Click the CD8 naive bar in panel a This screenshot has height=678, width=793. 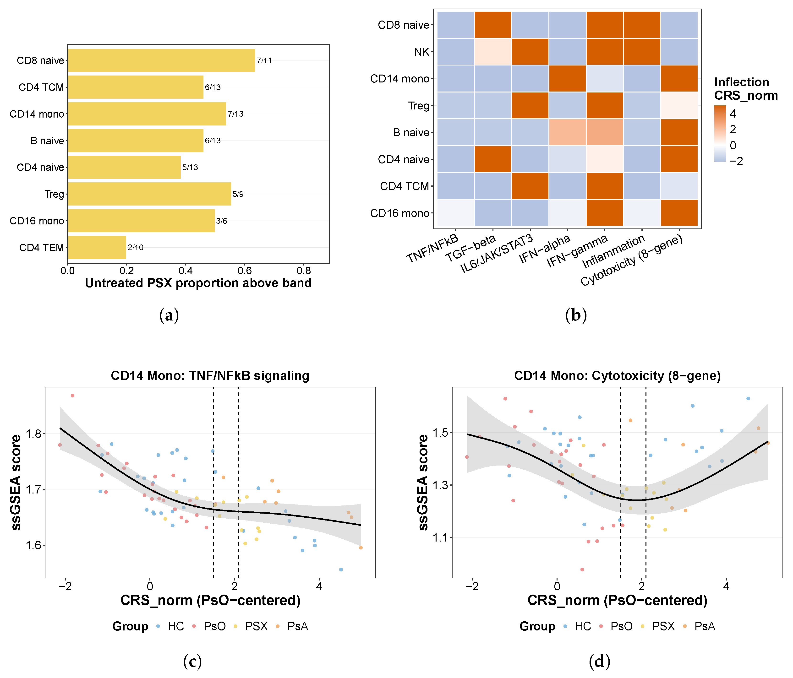pyautogui.click(x=161, y=60)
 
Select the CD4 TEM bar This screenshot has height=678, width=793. pyautogui.click(x=97, y=248)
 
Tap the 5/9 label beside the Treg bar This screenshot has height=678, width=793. pyautogui.click(x=238, y=194)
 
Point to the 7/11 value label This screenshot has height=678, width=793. pyautogui.click(x=264, y=60)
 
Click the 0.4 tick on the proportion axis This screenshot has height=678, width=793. pyautogui.click(x=186, y=271)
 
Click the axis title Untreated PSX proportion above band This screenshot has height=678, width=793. pyautogui.click(x=198, y=283)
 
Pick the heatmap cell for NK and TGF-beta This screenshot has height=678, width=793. pyautogui.click(x=493, y=52)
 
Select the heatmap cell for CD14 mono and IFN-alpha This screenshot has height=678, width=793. pyautogui.click(x=567, y=78)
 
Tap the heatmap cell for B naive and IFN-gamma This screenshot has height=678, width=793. pyautogui.click(x=605, y=132)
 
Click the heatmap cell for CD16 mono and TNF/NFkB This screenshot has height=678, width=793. pyautogui.click(x=455, y=213)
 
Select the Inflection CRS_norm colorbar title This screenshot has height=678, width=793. pyautogui.click(x=746, y=88)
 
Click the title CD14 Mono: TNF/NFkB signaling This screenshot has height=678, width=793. pyautogui.click(x=210, y=376)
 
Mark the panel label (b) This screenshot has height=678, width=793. pyautogui.click(x=576, y=315)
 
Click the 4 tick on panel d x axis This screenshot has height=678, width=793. pyautogui.click(x=726, y=586)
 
